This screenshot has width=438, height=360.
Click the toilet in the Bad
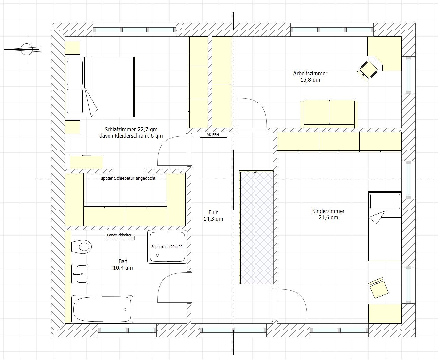pos(81,247)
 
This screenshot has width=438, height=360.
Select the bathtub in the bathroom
pos(102,309)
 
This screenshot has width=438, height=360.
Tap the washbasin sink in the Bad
pos(80,274)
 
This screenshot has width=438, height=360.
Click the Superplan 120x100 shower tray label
pos(167,247)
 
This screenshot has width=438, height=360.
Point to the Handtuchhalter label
pos(119,235)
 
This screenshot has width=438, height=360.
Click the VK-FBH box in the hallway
pos(213,135)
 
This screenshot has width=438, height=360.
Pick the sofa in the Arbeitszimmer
pos(329,114)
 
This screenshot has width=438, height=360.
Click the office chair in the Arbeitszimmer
pos(367,71)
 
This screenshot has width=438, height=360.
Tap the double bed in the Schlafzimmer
pos(100,87)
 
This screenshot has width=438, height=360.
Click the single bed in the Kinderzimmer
pos(385,226)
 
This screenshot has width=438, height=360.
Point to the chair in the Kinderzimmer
pos(378,288)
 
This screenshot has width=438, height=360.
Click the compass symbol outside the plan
pos(27,49)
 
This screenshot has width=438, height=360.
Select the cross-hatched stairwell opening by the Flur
pos(256,227)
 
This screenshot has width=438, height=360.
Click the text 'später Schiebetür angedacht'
pos(128,178)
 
